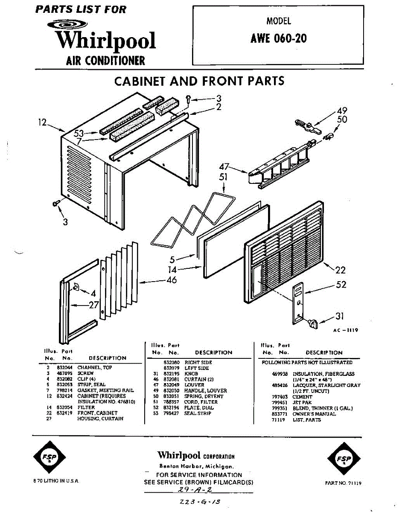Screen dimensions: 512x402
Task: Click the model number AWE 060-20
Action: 278,39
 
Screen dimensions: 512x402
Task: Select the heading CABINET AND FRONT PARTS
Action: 199,81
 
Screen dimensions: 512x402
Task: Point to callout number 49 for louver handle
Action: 342,110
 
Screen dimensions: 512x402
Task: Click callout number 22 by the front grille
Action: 341,270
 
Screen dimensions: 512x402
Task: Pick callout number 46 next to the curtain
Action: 172,280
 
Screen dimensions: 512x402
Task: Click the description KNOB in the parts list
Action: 191,373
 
